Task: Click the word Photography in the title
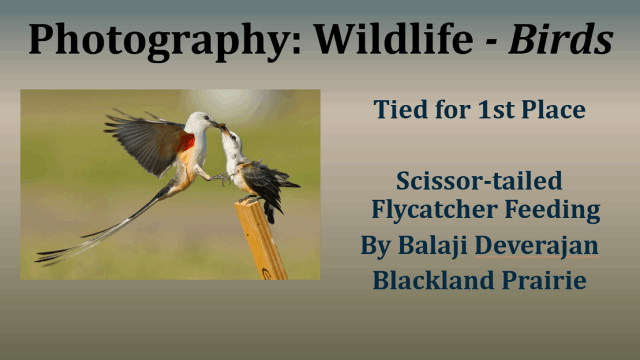(x=165, y=40)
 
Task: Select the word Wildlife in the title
(x=393, y=39)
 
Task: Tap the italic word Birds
(x=561, y=39)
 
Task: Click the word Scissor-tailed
(x=479, y=181)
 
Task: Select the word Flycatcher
(x=434, y=210)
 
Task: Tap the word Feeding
(x=552, y=210)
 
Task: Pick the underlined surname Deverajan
(x=536, y=245)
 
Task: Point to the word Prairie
(x=544, y=280)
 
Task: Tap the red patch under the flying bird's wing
(x=186, y=142)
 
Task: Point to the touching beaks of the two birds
(x=221, y=126)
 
